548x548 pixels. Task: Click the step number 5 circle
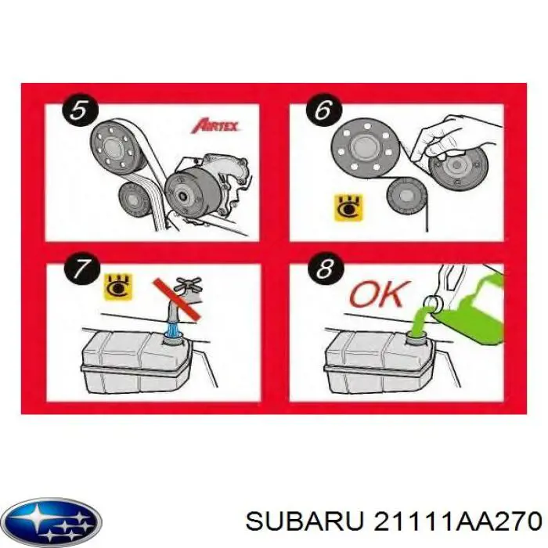[x=79, y=110]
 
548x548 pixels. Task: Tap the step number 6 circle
[x=323, y=110]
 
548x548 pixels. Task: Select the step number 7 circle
[x=79, y=271]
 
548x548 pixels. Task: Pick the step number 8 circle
[x=323, y=271]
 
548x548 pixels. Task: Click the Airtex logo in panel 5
[x=215, y=125]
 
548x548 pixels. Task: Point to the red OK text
[x=379, y=294]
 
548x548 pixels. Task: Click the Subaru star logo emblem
[x=51, y=520]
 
